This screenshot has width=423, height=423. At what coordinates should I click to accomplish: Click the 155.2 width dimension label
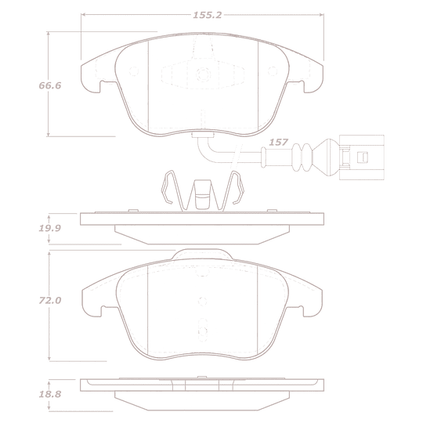(207, 15)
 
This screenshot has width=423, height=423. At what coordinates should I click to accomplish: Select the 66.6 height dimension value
(50, 85)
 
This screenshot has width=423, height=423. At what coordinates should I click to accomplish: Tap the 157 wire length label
(278, 142)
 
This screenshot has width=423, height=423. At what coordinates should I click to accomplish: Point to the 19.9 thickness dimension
(50, 228)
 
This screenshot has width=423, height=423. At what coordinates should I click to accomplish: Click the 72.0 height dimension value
(50, 300)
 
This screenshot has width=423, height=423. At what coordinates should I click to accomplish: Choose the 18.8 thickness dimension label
(50, 394)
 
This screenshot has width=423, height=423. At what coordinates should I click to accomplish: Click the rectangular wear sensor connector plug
(361, 157)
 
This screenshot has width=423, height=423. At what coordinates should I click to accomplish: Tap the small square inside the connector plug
(363, 157)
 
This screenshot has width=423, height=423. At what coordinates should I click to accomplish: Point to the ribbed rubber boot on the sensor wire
(302, 157)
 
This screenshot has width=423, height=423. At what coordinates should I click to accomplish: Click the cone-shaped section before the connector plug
(324, 157)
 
